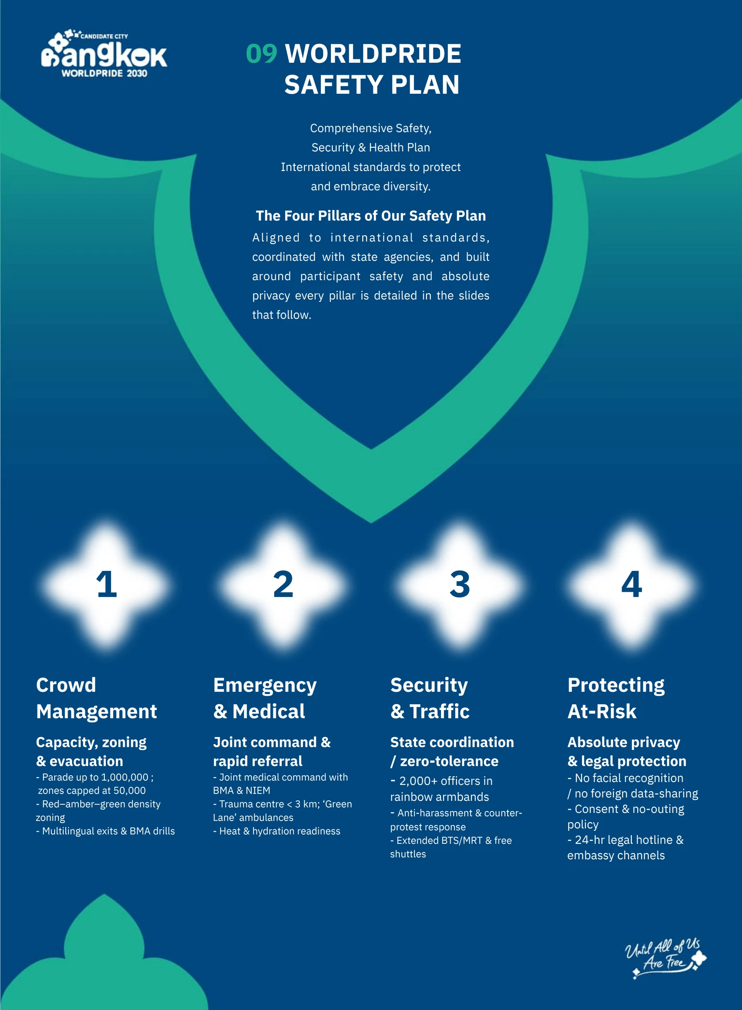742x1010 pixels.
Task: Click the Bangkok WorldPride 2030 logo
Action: point(104,54)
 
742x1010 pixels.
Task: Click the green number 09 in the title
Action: point(262,54)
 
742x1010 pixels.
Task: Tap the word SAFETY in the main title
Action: point(333,85)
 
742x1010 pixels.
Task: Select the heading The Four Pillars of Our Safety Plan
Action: point(371,215)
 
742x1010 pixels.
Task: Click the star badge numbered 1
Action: point(106,584)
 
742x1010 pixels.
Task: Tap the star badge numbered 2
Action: point(283,584)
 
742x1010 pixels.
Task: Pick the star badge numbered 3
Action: point(459,584)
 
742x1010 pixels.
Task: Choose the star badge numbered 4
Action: point(631,584)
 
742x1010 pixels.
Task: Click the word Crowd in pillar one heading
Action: point(66,685)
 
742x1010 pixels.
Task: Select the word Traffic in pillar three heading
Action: point(440,711)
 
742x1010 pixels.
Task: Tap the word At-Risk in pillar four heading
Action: point(602,711)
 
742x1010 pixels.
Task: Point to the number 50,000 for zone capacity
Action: point(129,791)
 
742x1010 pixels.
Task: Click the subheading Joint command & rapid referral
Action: point(272,752)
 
